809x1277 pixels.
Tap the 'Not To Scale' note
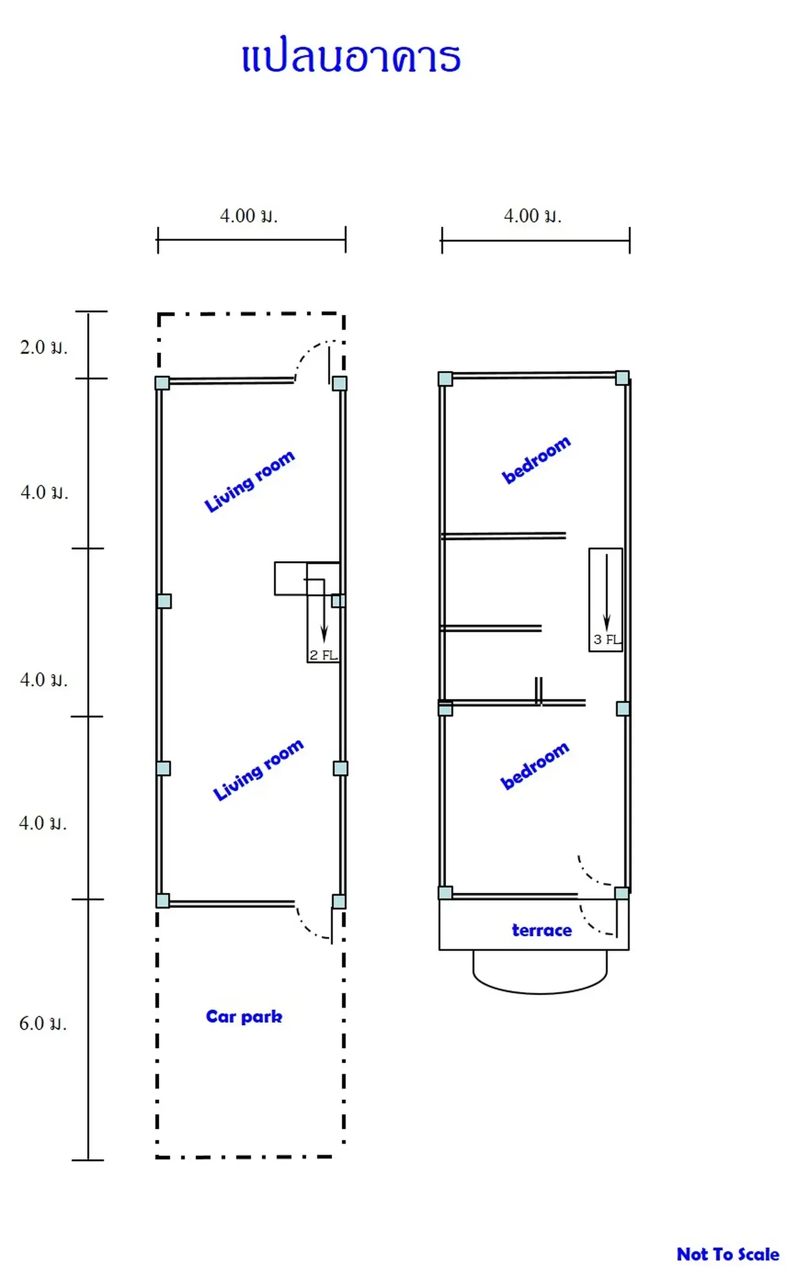pos(728,1254)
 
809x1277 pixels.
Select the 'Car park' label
pos(244,1017)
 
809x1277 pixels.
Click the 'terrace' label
pos(541,930)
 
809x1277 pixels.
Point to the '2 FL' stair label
pos(324,655)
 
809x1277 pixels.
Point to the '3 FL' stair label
pos(607,639)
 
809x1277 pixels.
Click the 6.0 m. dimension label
pos(42,1023)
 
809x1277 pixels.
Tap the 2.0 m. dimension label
pos(43,347)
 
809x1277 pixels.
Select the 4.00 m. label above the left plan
pos(248,216)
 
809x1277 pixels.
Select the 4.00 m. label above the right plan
pos(532,216)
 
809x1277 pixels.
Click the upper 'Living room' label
pos(249,481)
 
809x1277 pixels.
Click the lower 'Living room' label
pos(258,769)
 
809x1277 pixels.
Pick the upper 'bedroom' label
pos(536,460)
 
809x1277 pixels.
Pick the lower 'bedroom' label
pos(535,765)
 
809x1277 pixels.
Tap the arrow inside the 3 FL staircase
pos(606,592)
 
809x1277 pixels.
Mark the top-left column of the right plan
pos(445,378)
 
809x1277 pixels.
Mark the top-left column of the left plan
pos(162,383)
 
